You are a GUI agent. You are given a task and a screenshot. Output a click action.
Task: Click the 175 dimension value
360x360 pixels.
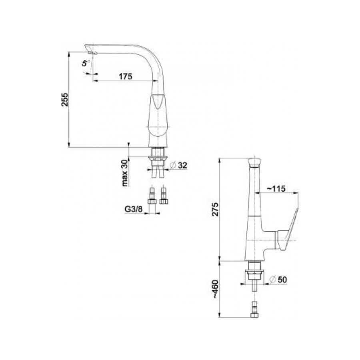[x=125, y=76]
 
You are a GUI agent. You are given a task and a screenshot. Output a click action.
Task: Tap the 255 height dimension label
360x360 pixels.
[x=65, y=100]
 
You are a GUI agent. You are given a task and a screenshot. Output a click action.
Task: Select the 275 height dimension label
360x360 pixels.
[x=216, y=209]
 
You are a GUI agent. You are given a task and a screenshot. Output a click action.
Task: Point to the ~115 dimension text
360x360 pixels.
[x=276, y=188]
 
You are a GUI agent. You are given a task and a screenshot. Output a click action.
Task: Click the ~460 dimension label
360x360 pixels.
[x=216, y=289]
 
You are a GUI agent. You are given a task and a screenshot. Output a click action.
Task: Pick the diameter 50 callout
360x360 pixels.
[x=279, y=280]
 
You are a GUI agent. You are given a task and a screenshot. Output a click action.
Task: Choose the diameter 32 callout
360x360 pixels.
[x=178, y=165]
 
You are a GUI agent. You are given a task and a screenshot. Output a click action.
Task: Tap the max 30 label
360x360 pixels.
[x=125, y=173]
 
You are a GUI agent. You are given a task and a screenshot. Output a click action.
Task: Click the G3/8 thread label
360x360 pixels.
[x=134, y=209]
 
